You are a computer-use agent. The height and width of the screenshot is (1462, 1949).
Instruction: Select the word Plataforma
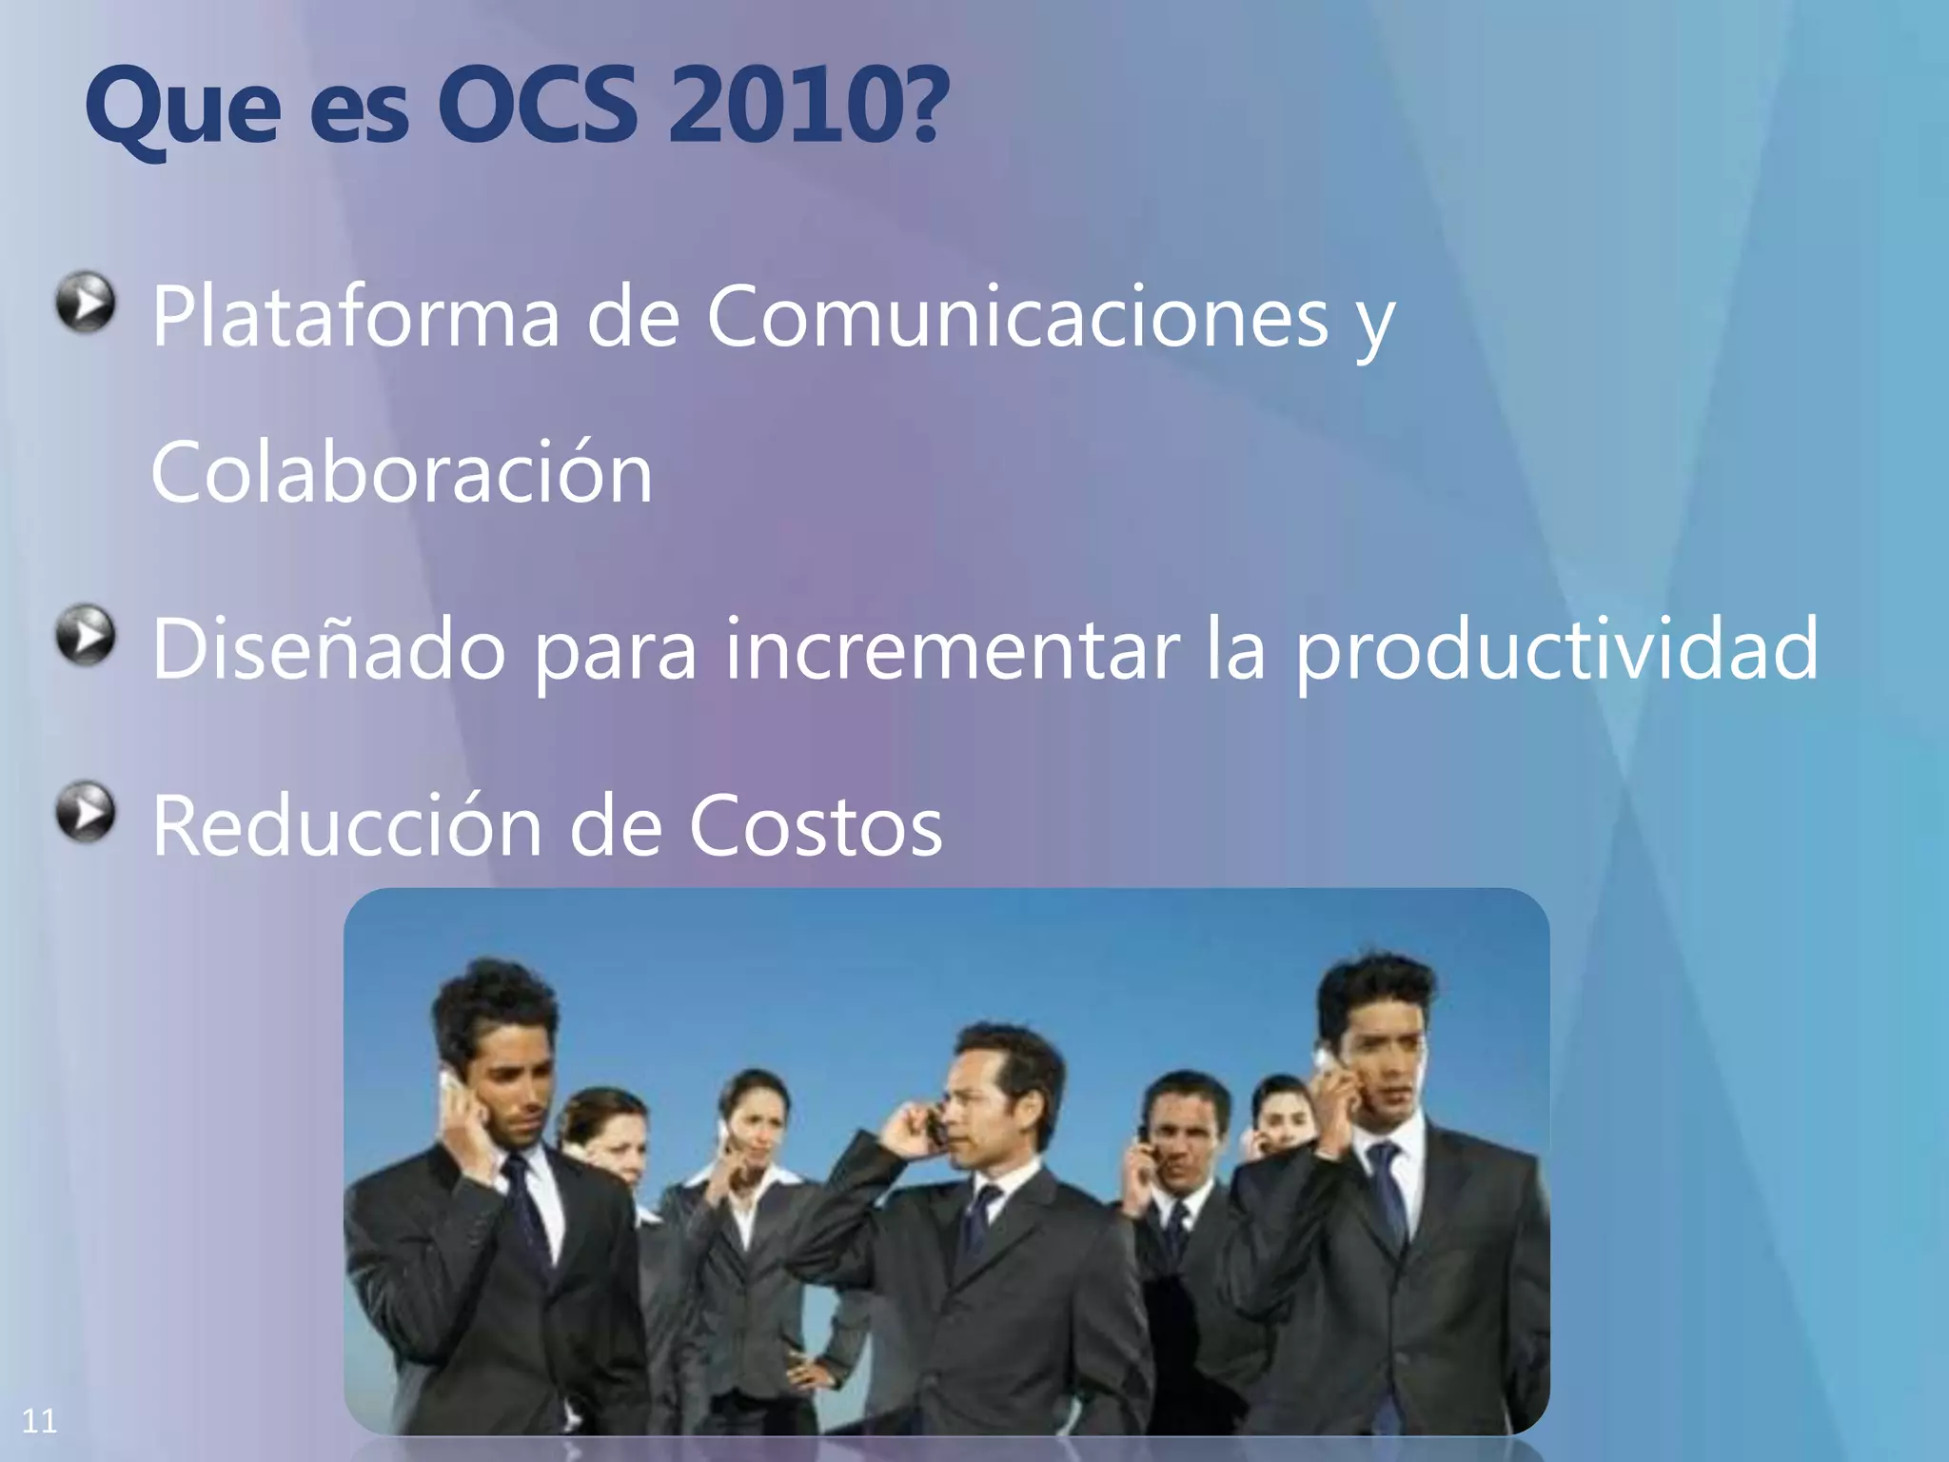pos(355,316)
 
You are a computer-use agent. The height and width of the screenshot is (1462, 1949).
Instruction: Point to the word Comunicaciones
pos(1016,316)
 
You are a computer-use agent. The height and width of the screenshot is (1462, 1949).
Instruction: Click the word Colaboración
pos(402,473)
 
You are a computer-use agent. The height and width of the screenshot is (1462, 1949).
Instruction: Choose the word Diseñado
pos(328,649)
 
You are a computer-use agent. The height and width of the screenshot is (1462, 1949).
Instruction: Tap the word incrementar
pos(952,649)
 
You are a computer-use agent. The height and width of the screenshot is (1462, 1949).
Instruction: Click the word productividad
pos(1557,649)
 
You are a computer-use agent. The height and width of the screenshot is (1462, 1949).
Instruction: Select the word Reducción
pos(347,825)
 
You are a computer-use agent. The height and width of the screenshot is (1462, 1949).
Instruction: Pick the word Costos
pos(815,825)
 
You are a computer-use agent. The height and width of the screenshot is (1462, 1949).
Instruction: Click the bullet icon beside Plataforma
pos(86,303)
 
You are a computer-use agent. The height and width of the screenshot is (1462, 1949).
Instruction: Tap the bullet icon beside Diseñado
pos(86,634)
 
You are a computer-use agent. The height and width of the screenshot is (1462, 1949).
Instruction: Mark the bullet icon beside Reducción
pos(86,812)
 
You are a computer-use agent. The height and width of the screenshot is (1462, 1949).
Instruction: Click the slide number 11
pos(39,1421)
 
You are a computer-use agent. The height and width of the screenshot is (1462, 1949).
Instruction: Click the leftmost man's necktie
pos(523,1209)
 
